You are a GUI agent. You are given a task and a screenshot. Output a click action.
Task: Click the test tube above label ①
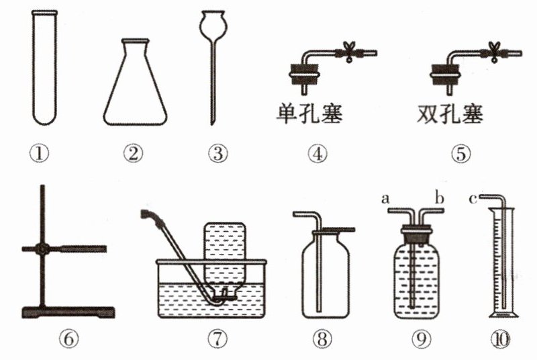tap(44, 68)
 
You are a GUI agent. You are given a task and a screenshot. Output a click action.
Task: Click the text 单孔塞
tap(309, 114)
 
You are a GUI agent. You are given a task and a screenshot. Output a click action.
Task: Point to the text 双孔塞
tap(450, 114)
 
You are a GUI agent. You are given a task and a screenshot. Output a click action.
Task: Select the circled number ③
tap(217, 153)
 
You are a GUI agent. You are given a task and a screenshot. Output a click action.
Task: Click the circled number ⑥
tap(68, 339)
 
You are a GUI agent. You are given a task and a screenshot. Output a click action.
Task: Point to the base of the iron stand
tap(68, 312)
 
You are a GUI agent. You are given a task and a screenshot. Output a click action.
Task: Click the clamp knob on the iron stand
tap(42, 249)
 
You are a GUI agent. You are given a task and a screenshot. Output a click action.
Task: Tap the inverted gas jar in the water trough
tap(225, 261)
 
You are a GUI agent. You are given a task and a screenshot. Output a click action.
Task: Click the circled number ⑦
tap(217, 339)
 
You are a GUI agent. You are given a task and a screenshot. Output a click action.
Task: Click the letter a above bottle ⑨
tap(385, 198)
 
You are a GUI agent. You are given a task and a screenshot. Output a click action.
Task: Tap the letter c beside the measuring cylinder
tap(473, 198)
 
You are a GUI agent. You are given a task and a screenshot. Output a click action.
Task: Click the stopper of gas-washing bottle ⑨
tap(416, 235)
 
